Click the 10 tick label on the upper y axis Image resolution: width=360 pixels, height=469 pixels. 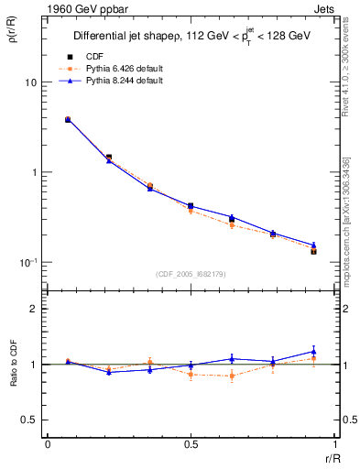(x=30, y=82)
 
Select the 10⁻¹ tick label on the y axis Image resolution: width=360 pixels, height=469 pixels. (x=27, y=262)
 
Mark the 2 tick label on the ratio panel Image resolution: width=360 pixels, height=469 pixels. (x=33, y=310)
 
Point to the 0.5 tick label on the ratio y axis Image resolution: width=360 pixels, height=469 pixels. (x=28, y=420)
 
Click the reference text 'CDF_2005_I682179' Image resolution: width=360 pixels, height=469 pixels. (x=191, y=273)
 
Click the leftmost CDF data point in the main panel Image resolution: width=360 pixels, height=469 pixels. (x=68, y=119)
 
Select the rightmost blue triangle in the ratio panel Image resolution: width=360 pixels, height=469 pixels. (x=313, y=351)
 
